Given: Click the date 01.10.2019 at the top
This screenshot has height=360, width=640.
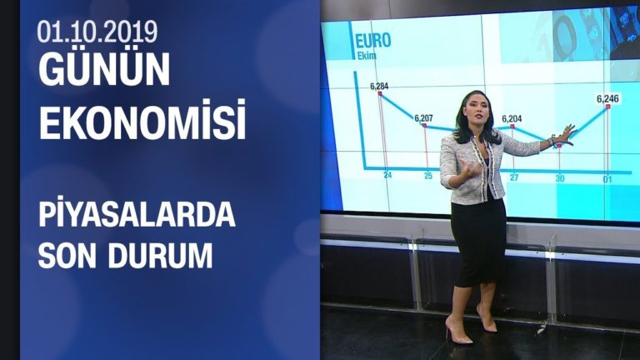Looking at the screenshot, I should point(97,31).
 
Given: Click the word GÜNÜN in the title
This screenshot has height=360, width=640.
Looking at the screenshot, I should point(104,72).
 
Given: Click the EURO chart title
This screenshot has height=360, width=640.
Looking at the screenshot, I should point(372,41).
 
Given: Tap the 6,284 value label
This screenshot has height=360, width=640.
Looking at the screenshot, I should point(379,86).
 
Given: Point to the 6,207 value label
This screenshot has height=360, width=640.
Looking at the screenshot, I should point(424,118).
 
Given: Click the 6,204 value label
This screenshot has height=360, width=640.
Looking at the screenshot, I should point(512,118).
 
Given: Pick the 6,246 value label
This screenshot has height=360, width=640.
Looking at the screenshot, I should point(607,98).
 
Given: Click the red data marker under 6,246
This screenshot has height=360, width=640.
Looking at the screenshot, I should point(607,108).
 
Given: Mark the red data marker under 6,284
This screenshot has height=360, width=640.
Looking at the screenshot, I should point(380,94).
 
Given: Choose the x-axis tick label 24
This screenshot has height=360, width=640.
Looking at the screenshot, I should point(387,176).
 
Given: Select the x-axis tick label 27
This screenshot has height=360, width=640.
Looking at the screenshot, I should point(514,177).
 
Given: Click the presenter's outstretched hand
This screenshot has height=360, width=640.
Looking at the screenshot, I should point(567,132).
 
